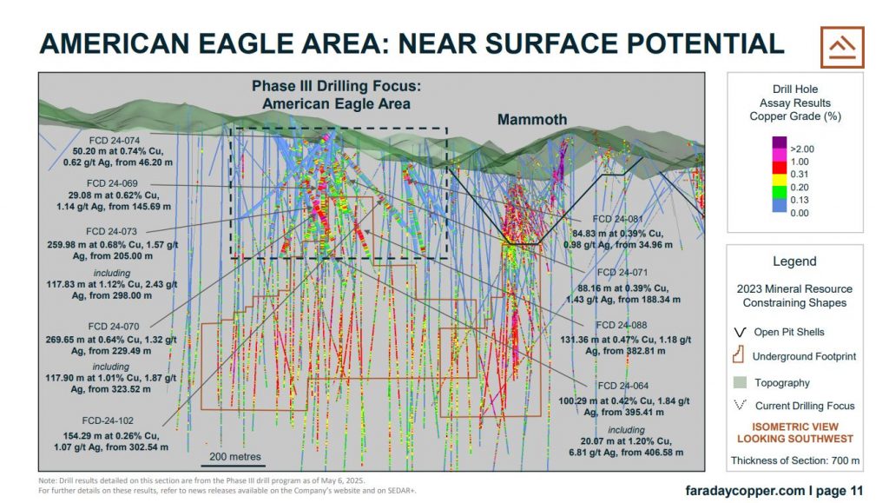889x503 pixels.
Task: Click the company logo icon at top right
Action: [842, 47]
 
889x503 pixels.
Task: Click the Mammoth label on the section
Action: [532, 120]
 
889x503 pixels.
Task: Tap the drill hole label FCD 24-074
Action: [114, 140]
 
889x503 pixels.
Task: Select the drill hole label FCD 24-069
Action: [112, 183]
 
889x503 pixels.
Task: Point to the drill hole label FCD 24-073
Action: [112, 231]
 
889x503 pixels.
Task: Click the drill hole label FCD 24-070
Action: [114, 326]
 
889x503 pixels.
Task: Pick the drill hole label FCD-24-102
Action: [108, 420]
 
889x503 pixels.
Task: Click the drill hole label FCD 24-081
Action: [617, 219]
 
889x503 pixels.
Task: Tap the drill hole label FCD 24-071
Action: [622, 272]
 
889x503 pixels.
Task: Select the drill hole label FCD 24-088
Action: [621, 325]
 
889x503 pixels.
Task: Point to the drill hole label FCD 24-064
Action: [623, 386]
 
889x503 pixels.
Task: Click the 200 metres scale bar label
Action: [235, 456]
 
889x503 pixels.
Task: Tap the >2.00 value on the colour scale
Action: [801, 149]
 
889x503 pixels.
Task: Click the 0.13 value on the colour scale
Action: [800, 200]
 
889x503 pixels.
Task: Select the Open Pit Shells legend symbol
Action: [740, 333]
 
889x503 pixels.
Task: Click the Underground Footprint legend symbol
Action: [738, 355]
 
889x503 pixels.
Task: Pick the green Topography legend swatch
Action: [740, 382]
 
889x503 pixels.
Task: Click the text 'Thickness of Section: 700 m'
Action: [795, 460]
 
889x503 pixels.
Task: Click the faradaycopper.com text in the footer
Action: [745, 491]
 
